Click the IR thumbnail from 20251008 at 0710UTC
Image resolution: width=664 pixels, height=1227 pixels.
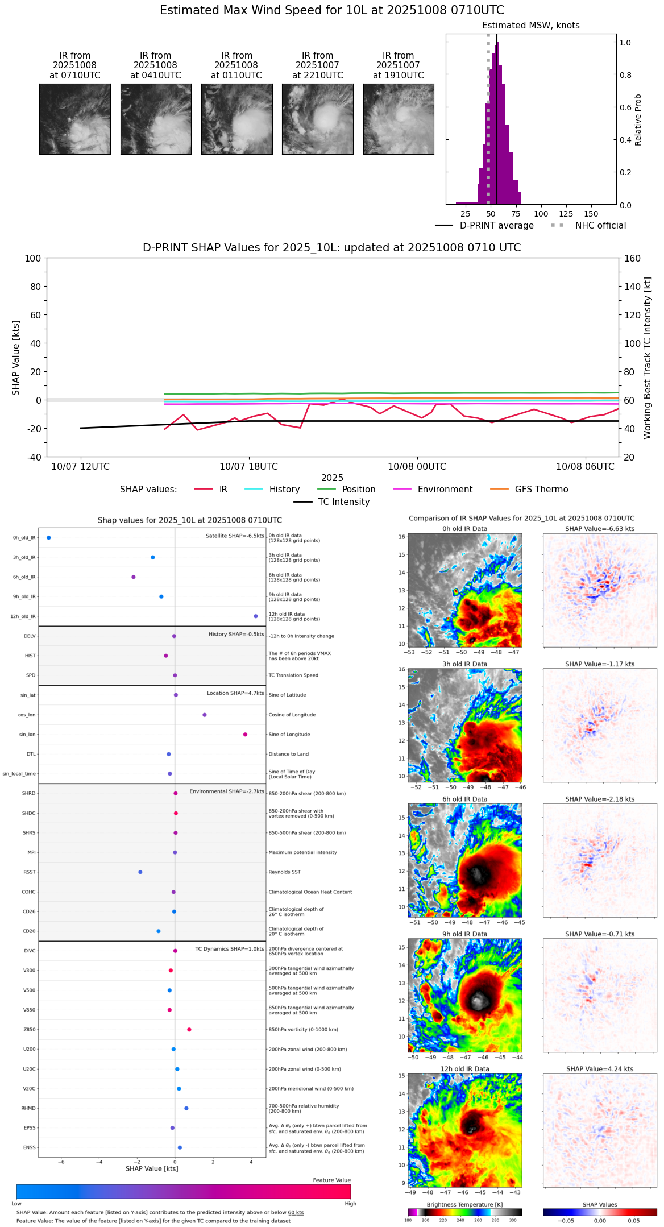(74, 119)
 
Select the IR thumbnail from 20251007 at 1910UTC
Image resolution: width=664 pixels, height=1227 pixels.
(398, 119)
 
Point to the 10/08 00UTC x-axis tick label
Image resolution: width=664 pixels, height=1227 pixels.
(417, 467)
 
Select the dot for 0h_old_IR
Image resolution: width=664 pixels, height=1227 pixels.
(49, 538)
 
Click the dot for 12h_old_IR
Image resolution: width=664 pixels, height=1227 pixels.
(256, 616)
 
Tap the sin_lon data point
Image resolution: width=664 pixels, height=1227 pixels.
(245, 735)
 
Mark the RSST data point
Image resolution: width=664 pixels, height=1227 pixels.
(140, 872)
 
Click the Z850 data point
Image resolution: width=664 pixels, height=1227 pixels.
(189, 1030)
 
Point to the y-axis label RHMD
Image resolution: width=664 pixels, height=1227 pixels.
(28, 1108)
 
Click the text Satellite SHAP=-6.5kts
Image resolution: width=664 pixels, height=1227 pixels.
(235, 536)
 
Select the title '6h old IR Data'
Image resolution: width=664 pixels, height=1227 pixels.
(464, 799)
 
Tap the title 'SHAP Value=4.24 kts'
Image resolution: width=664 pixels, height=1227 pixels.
(599, 1070)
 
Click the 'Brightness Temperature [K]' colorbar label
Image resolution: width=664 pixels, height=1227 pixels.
(464, 1205)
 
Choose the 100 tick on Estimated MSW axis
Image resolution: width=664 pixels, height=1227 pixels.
(541, 214)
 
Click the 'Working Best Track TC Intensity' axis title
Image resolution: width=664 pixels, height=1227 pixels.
(647, 358)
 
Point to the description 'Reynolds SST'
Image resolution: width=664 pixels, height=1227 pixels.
(285, 872)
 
